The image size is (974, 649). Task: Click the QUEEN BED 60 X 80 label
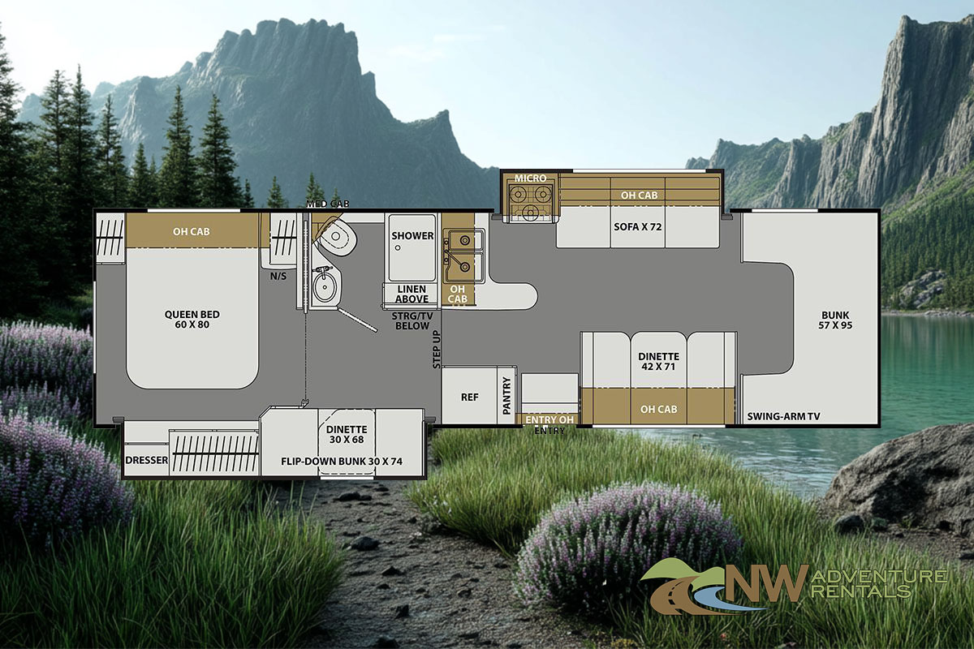coord(192,320)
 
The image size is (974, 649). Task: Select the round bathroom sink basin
coord(323,287)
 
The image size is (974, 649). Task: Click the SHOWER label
coord(412,235)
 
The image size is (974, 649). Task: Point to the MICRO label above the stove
coord(531,178)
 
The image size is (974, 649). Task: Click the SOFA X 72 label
coord(637,226)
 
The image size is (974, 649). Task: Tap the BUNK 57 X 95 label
coord(835,320)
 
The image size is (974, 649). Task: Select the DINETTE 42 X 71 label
coord(658,361)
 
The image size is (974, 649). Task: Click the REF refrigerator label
coord(470,397)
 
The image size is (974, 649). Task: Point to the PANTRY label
coord(506,396)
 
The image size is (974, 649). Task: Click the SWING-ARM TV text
coord(783,416)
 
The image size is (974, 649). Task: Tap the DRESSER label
coord(147,460)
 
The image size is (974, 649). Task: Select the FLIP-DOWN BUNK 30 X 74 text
coord(342,462)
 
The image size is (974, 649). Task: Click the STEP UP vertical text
coord(437,350)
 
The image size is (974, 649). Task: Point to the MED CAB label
coord(327,204)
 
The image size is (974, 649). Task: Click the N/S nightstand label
coord(278,276)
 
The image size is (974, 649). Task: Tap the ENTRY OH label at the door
coord(549,419)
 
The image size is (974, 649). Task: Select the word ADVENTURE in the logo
coord(880,577)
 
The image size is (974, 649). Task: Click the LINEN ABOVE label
coord(412,294)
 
